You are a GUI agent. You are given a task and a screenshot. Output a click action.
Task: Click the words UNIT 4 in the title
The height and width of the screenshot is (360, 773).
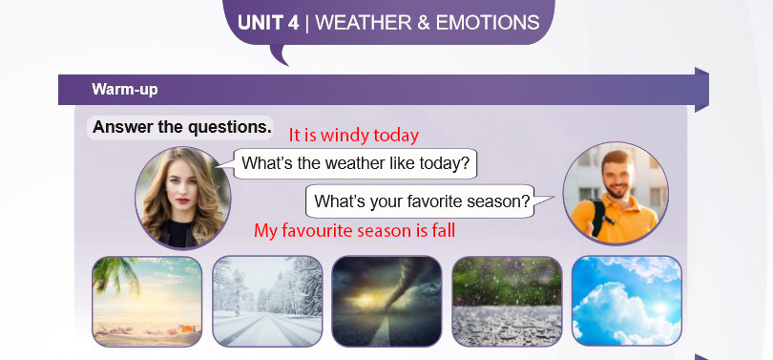tap(268, 23)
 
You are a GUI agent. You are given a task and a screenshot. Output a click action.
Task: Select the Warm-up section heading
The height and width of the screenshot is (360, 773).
tap(125, 90)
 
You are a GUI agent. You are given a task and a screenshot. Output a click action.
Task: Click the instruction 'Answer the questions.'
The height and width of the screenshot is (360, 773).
tap(182, 127)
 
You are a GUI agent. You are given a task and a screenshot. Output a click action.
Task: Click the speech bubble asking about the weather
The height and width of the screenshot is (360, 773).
tap(355, 163)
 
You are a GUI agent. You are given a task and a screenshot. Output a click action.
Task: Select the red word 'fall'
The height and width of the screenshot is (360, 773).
tap(442, 230)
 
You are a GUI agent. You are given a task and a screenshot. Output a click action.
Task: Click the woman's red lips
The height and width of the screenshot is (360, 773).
tap(182, 201)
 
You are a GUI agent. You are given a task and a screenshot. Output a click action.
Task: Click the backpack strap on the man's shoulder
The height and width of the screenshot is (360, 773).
tap(597, 216)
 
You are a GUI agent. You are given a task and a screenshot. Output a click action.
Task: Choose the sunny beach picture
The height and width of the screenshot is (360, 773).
tap(147, 302)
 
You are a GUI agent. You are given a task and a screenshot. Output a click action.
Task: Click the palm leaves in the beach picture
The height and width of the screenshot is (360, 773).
tap(115, 273)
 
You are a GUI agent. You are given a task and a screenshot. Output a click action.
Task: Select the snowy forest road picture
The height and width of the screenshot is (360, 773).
tap(267, 302)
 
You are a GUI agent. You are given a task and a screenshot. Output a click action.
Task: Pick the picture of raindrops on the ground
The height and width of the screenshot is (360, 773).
tap(507, 302)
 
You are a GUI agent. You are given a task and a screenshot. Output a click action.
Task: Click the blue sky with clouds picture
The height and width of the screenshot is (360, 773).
tap(627, 302)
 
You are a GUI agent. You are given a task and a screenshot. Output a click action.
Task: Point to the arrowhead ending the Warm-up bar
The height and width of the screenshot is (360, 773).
tap(701, 90)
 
